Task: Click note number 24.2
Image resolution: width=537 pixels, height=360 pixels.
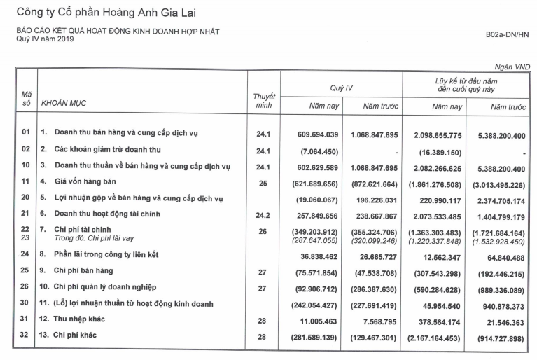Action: point(264,217)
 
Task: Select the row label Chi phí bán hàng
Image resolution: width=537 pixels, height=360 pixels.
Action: point(83,270)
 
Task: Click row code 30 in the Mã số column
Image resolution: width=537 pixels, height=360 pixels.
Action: point(27,303)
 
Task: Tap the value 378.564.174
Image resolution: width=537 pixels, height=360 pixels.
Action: point(435,320)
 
